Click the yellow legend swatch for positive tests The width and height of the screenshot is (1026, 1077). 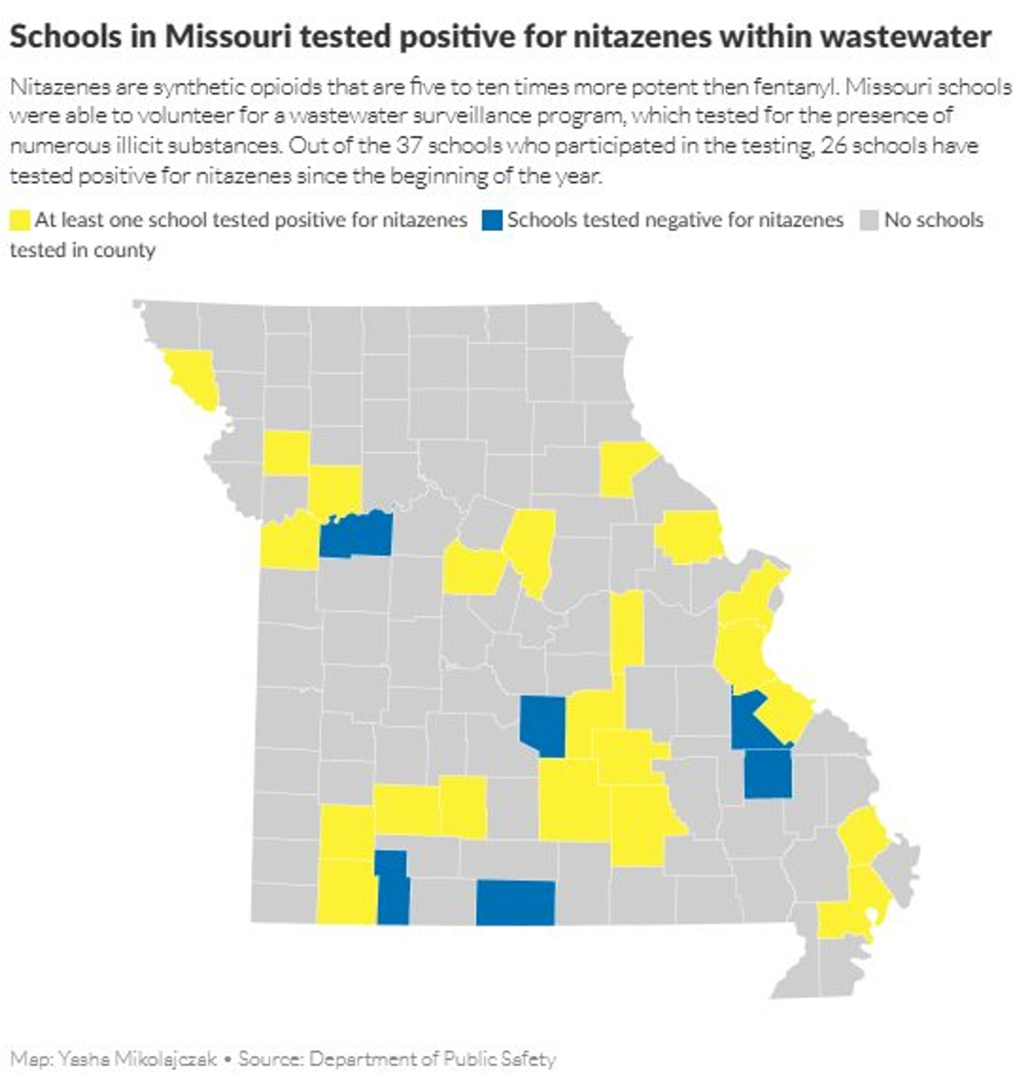click(20, 220)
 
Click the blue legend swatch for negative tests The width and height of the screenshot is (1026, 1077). click(492, 220)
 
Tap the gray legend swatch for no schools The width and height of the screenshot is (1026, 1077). click(869, 220)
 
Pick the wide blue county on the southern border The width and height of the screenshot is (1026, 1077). click(515, 903)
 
